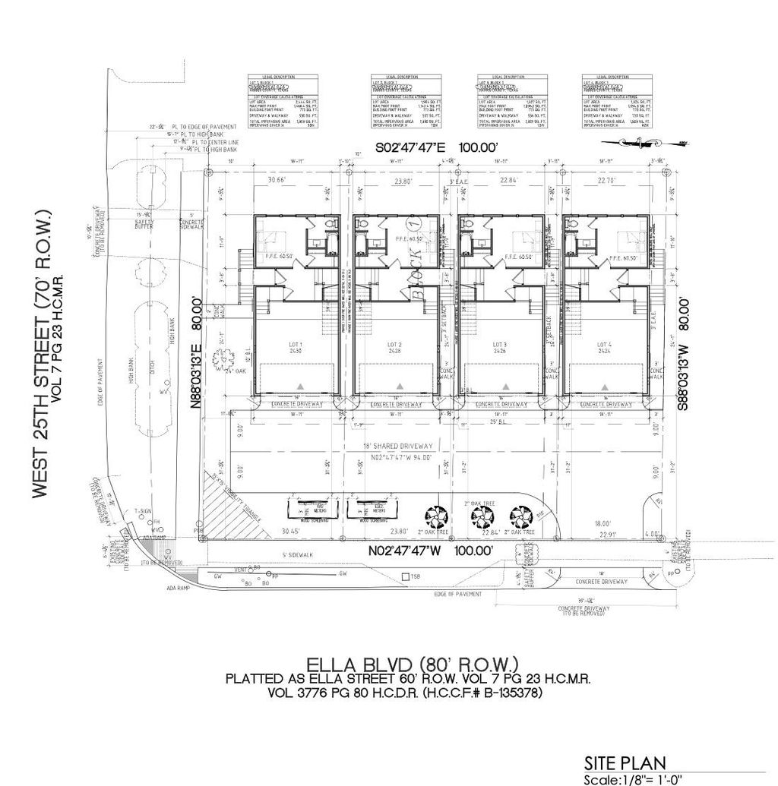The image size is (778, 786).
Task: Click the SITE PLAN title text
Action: coord(625,762)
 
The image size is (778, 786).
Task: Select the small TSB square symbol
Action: coord(406,577)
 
